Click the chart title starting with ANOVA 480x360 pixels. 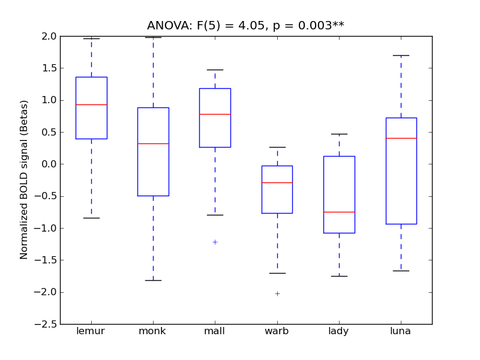tap(245, 26)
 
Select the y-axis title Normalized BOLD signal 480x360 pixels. tap(24, 180)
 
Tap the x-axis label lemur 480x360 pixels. tap(91, 331)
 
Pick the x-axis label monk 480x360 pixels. tap(153, 331)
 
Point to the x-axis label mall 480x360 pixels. tap(215, 331)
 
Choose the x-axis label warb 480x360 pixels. tap(277, 331)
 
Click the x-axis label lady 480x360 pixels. tap(339, 331)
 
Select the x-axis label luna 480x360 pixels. tap(401, 331)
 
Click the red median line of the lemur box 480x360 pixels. tap(91, 104)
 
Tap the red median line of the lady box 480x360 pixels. tap(339, 212)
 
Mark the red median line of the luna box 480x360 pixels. tap(401, 138)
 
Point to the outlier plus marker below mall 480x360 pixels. tap(215, 242)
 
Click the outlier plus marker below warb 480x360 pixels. tap(277, 293)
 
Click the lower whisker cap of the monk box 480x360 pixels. tap(153, 280)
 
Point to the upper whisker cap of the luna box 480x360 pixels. tap(401, 55)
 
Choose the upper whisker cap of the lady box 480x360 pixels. tap(339, 134)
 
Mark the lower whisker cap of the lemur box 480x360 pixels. tap(91, 218)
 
